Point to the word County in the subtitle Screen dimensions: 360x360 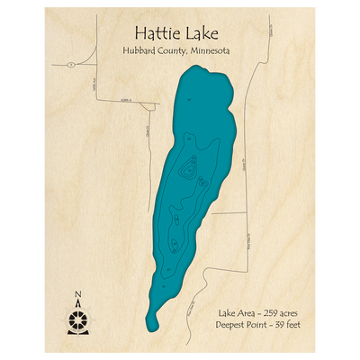pos(174,50)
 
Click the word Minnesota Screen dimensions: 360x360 pos(211,50)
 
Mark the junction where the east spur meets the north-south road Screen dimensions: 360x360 pos(246,213)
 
